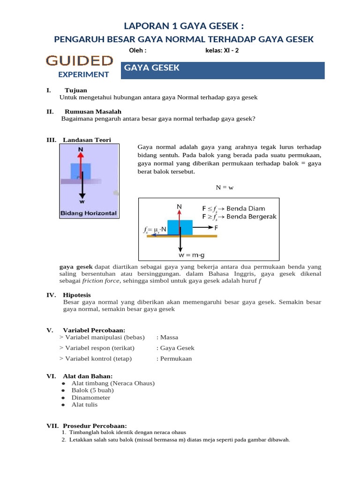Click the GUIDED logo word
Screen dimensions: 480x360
[79, 60]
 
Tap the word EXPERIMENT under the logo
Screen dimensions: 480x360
[83, 74]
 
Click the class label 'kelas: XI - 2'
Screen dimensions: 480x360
[222, 51]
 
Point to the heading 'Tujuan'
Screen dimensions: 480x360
[75, 90]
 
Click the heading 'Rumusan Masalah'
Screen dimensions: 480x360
[92, 112]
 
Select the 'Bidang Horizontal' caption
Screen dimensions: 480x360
[88, 213]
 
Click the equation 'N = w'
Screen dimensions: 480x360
[224, 187]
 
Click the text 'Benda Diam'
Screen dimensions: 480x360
[246, 208]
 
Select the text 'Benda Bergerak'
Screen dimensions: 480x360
[252, 217]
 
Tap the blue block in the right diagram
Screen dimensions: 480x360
[180, 227]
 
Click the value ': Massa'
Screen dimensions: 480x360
[167, 337]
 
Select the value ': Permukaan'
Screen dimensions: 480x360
[174, 359]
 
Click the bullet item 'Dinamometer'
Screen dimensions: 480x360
[90, 397]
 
